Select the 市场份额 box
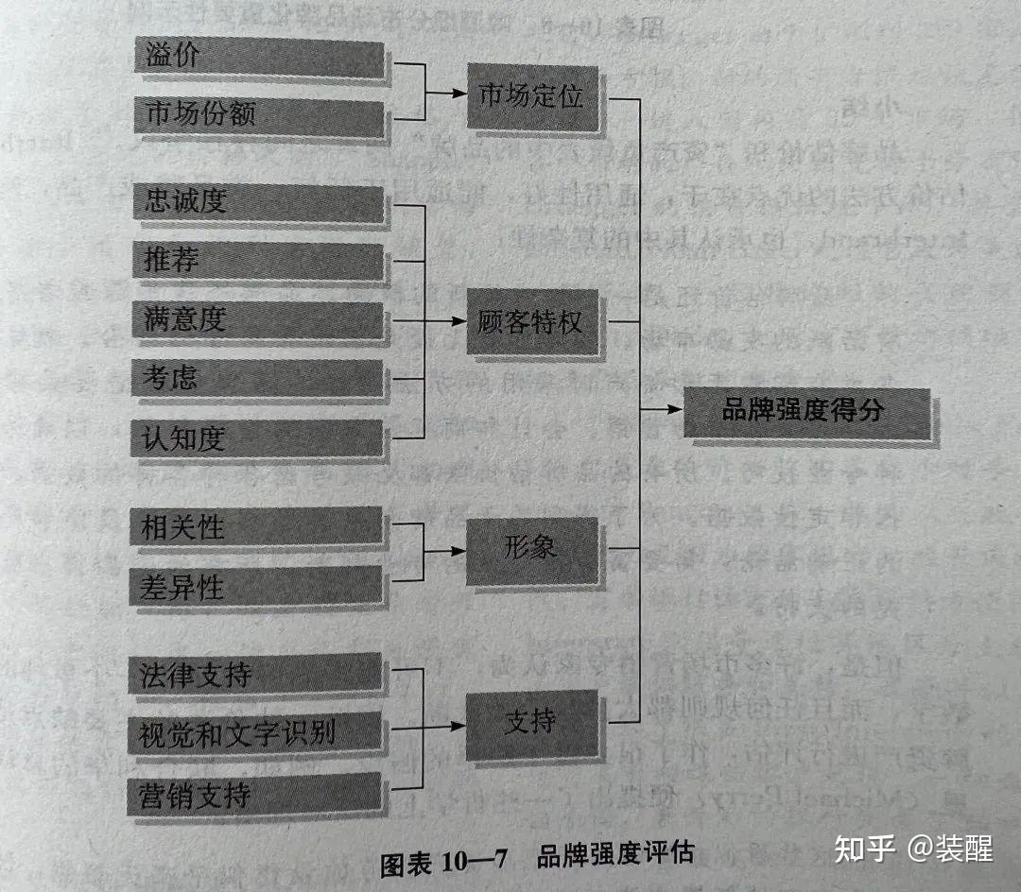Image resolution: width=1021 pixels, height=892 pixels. [260, 114]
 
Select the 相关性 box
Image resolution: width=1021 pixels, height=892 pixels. [256, 526]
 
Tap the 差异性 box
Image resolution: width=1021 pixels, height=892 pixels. [256, 586]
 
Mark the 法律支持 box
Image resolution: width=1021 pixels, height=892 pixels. [254, 675]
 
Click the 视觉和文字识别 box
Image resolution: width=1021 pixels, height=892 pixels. [254, 732]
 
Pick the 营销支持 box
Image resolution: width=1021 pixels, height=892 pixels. [254, 794]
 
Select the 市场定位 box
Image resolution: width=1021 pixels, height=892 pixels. [532, 96]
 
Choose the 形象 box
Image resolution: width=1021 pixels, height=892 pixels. [531, 550]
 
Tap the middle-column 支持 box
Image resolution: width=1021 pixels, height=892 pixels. [531, 723]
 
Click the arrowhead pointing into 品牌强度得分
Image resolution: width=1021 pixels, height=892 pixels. [674, 409]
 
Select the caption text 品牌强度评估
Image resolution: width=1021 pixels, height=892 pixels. [614, 855]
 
